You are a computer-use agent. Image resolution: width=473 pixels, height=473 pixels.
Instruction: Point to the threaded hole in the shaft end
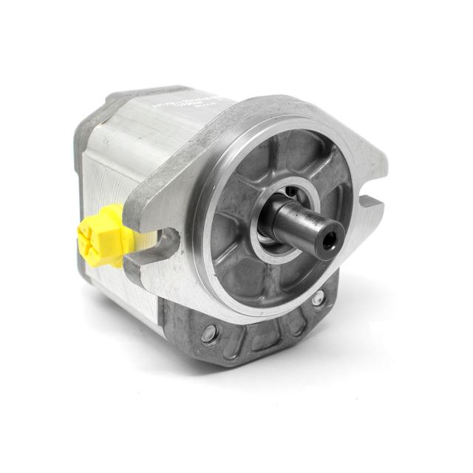click(329, 238)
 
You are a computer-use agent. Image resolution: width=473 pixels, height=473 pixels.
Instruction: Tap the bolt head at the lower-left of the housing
click(210, 333)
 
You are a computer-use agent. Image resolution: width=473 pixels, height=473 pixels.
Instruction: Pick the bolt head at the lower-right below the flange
click(318, 299)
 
